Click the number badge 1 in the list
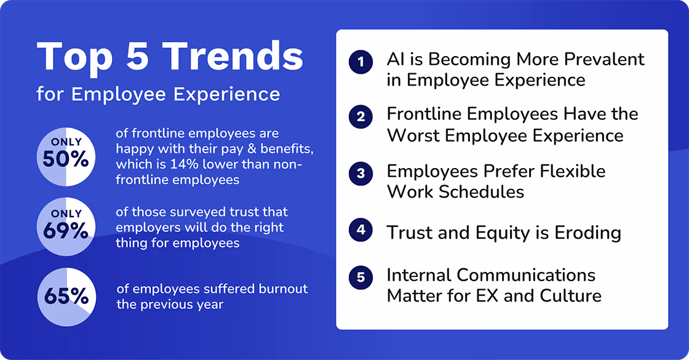tap(360, 62)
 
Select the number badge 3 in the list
tap(360, 174)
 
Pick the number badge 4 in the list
tap(360, 230)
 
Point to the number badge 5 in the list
tap(360, 278)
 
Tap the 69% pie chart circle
tap(66, 228)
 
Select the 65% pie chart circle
tap(66, 297)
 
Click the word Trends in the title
tap(233, 57)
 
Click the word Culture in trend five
tap(570, 295)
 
